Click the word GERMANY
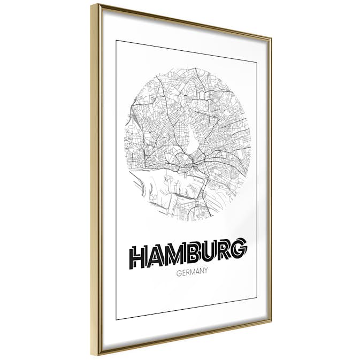pos(191,272)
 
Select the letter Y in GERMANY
pos(206,271)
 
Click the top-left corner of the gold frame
pos(92,4)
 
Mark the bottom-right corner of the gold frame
pos(270,323)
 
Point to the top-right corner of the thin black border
pos(257,62)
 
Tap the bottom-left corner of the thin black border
pos(117,319)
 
